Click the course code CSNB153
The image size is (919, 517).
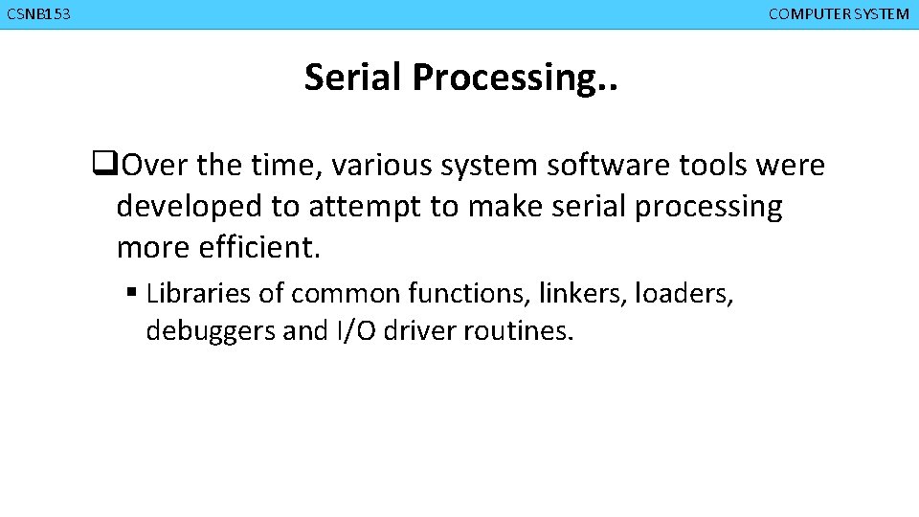[x=38, y=14]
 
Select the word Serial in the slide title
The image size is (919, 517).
[x=354, y=78]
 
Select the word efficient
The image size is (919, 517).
[x=258, y=248]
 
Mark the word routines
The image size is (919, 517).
[x=518, y=331]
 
